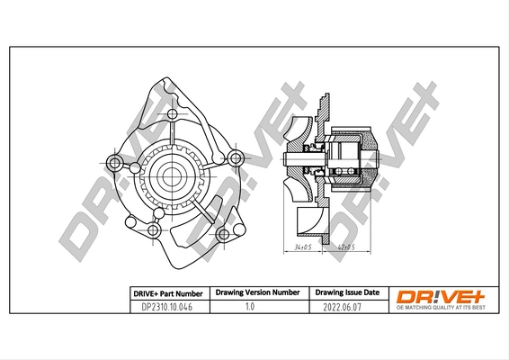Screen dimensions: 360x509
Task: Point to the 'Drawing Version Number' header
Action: tap(256, 293)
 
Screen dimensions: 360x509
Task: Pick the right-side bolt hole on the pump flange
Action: tap(235, 159)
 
